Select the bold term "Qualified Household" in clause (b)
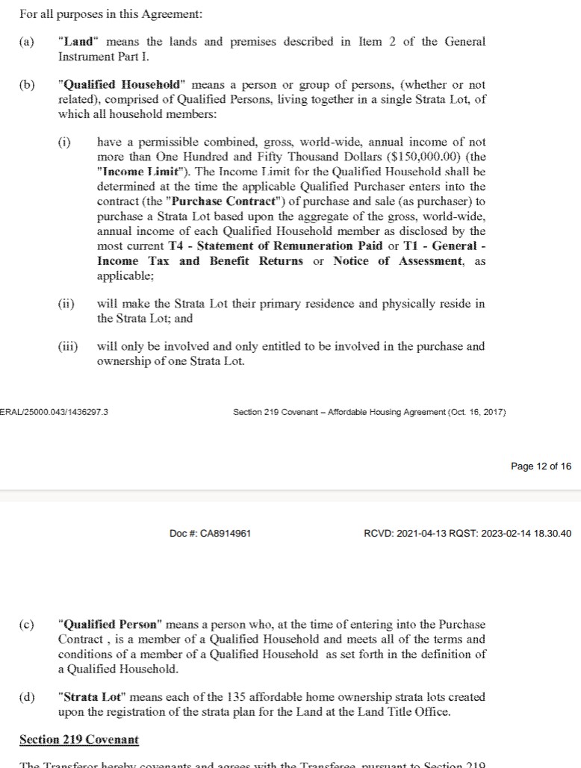[x=120, y=85]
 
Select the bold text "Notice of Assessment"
[x=398, y=261]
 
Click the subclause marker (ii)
[x=66, y=304]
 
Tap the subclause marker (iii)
[x=67, y=346]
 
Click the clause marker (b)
[x=27, y=85]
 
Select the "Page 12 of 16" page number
[x=541, y=466]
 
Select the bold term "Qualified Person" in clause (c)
[x=110, y=625]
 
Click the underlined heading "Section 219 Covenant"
[x=79, y=740]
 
